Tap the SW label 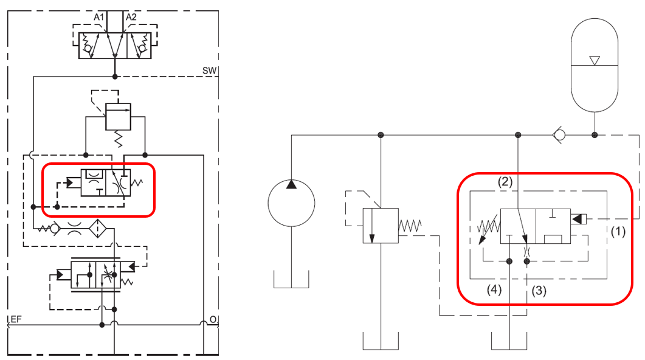click(209, 71)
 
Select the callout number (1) click(618, 231)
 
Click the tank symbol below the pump click(291, 280)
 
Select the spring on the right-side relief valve click(410, 226)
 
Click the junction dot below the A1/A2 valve click(115, 76)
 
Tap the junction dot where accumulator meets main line click(595, 134)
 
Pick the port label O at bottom click(212, 319)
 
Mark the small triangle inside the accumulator click(595, 60)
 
